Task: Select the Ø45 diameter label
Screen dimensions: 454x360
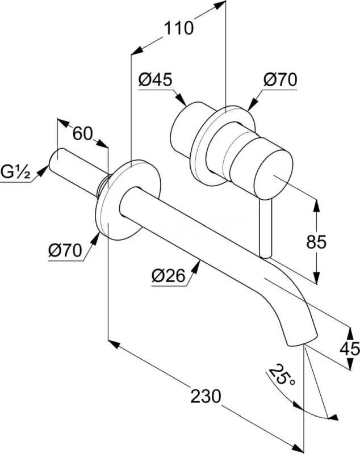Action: pyautogui.click(x=155, y=80)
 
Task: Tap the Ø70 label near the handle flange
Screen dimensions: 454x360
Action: pyautogui.click(x=280, y=80)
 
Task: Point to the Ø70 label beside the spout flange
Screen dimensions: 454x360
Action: pyautogui.click(x=65, y=249)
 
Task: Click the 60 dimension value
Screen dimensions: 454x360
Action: pyautogui.click(x=82, y=134)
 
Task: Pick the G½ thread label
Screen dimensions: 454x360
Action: pyautogui.click(x=16, y=170)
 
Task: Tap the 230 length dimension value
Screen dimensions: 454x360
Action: pyautogui.click(x=205, y=396)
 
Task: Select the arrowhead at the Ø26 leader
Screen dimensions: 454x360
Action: pyautogui.click(x=197, y=264)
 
